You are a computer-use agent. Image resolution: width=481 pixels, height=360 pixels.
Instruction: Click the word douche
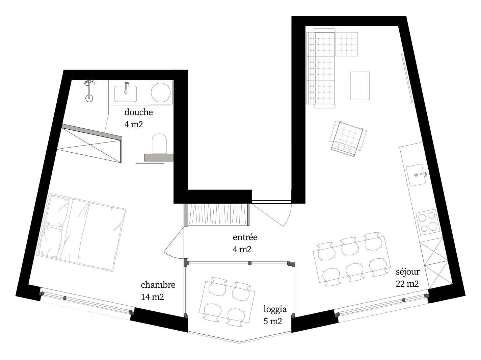point(138,112)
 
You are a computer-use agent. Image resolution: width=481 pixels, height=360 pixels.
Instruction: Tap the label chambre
point(158,285)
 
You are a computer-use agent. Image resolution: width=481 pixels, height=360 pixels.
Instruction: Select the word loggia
point(275,309)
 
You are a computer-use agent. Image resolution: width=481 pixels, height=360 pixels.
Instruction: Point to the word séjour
point(408,272)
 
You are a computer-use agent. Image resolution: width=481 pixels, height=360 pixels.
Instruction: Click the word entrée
point(245,237)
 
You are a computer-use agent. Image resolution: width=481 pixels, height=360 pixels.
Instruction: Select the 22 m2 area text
point(407,284)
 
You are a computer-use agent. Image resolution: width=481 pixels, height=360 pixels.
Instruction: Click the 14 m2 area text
point(152,297)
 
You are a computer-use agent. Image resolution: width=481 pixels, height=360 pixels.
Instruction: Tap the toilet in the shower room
point(159,144)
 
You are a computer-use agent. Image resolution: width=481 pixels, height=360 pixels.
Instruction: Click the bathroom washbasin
point(126,94)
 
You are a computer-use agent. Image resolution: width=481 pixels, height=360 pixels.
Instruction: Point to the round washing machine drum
point(161,92)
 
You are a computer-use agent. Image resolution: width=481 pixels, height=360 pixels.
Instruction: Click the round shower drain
point(89,98)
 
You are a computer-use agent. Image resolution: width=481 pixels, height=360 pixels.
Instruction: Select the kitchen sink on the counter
point(416,175)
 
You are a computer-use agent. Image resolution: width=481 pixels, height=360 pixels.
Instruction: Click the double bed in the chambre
point(81,232)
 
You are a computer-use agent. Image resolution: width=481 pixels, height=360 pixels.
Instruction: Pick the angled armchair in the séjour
point(348,138)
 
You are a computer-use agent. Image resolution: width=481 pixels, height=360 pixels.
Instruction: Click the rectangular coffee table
point(360,86)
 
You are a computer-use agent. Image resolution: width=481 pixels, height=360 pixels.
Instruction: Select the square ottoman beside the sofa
point(346,44)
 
